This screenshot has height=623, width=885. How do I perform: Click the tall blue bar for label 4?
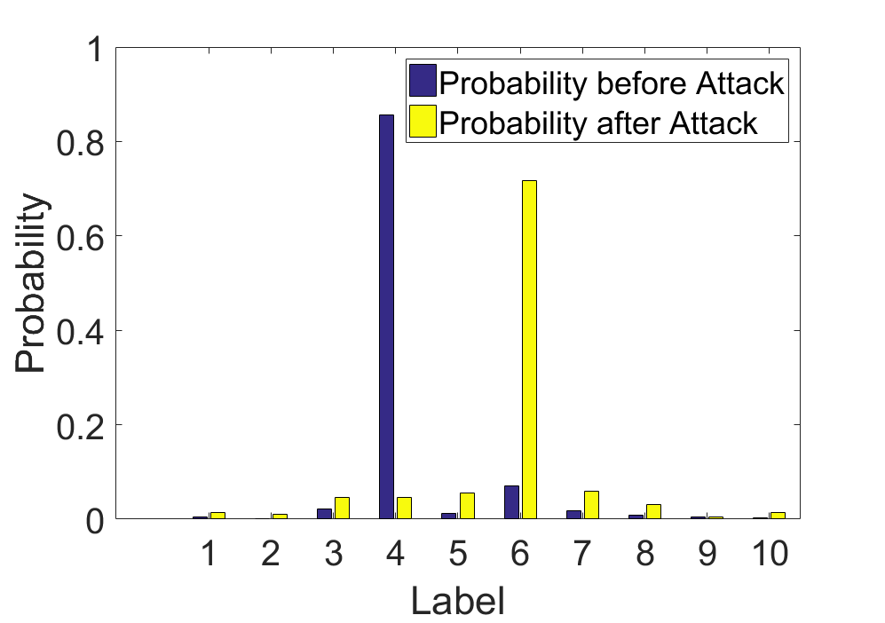point(387,317)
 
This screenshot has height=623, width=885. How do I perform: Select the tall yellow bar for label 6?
point(529,350)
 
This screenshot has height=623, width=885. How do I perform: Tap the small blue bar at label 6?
point(511,502)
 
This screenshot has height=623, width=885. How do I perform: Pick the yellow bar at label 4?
point(405,508)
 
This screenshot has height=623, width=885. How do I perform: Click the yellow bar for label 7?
point(591,505)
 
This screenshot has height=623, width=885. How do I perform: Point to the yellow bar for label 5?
point(467,506)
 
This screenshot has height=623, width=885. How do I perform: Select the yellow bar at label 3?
point(342,508)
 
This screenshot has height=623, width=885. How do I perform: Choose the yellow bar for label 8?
point(653,511)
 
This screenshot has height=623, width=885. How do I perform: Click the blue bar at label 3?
point(325,514)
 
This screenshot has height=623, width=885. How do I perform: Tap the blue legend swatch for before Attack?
point(423,81)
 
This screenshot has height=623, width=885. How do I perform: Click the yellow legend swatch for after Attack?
point(423,122)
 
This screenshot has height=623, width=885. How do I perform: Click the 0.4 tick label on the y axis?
point(80,331)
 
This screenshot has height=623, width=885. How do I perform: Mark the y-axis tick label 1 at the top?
point(95,49)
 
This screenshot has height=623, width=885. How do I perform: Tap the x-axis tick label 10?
point(770,553)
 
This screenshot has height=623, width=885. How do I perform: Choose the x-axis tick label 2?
point(271,553)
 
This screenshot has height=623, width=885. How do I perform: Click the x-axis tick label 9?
point(707,553)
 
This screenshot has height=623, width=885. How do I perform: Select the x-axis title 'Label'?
point(458,601)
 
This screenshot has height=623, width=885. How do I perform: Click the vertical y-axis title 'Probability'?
point(30,283)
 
